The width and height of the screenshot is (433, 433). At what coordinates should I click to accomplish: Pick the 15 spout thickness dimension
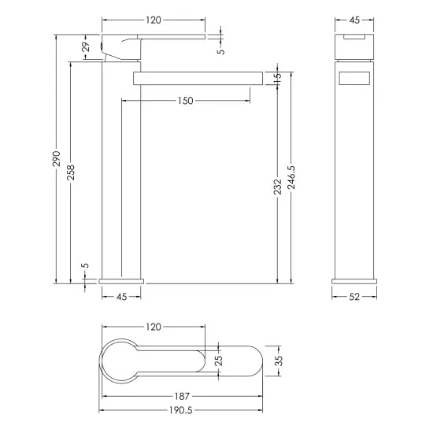277,77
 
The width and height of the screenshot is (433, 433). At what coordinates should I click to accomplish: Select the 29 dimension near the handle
86,49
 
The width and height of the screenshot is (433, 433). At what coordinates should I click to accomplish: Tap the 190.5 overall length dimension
179,409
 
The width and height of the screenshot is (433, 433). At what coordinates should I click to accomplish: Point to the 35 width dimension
276,361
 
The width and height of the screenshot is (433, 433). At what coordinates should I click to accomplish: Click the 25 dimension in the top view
219,361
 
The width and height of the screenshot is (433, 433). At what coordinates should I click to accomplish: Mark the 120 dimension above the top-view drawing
154,326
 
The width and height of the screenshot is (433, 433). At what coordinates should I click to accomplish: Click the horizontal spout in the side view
197,76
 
